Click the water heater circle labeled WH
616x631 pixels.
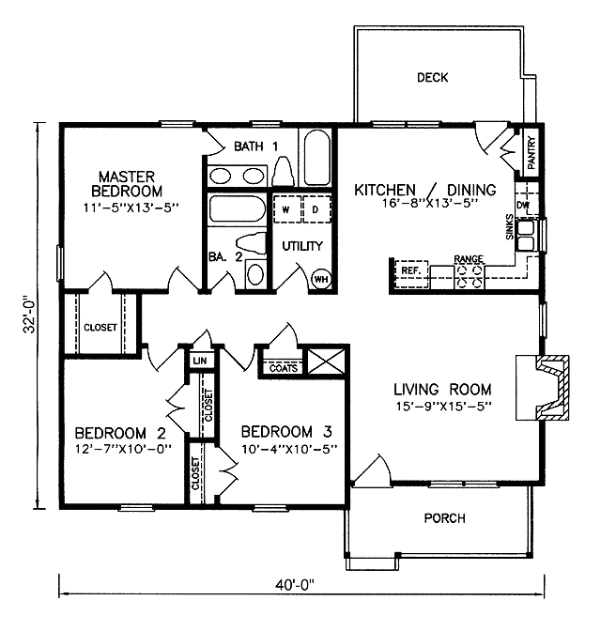tap(321, 279)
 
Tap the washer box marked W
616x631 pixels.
tap(286, 209)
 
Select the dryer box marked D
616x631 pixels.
tap(316, 209)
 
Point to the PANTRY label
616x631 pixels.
tap(531, 152)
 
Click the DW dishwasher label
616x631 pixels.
tap(523, 206)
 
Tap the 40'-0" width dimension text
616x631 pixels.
tap(294, 584)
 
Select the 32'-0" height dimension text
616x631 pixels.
tap(30, 315)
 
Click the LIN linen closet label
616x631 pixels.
tap(200, 361)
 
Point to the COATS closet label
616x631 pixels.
tap(284, 368)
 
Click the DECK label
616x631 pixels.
tap(432, 77)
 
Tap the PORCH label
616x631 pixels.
tap(444, 518)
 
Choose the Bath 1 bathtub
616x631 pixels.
tap(317, 158)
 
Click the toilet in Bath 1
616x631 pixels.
tap(283, 172)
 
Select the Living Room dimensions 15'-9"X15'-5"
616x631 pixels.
tap(442, 406)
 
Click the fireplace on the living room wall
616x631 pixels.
tap(543, 388)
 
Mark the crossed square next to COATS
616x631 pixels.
tap(326, 362)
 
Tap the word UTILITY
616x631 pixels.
tap(302, 246)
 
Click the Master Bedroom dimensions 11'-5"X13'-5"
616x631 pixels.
tap(131, 208)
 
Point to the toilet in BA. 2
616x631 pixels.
tap(251, 244)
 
